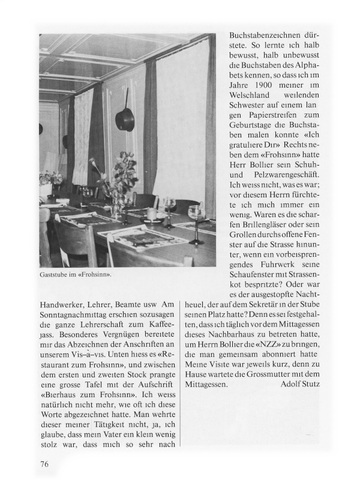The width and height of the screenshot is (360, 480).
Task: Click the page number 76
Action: pos(44,464)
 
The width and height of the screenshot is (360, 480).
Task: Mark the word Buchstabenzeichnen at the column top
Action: pos(270,35)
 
